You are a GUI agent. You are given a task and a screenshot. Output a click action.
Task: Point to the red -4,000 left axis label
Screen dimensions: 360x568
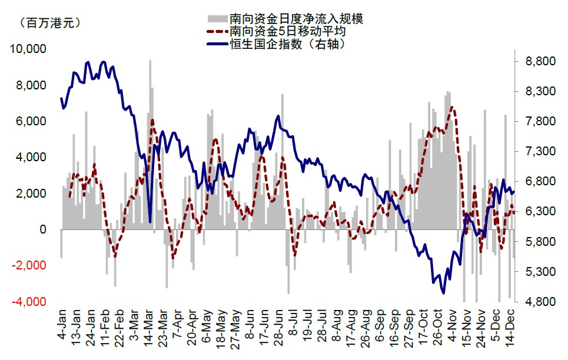coord(29,301)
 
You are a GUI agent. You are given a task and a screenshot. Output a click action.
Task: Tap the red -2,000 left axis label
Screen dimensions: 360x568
coord(29,265)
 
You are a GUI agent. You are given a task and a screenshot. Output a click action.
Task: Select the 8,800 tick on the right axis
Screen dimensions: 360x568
coord(540,61)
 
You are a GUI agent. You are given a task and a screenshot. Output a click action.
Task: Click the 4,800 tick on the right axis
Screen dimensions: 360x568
coord(540,302)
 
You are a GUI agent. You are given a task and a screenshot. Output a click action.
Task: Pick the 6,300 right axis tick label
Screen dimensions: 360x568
coord(540,211)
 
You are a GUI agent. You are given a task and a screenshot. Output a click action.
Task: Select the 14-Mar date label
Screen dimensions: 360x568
coord(150,325)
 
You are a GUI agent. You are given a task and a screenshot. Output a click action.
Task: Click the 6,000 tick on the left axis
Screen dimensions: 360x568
coord(30,121)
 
